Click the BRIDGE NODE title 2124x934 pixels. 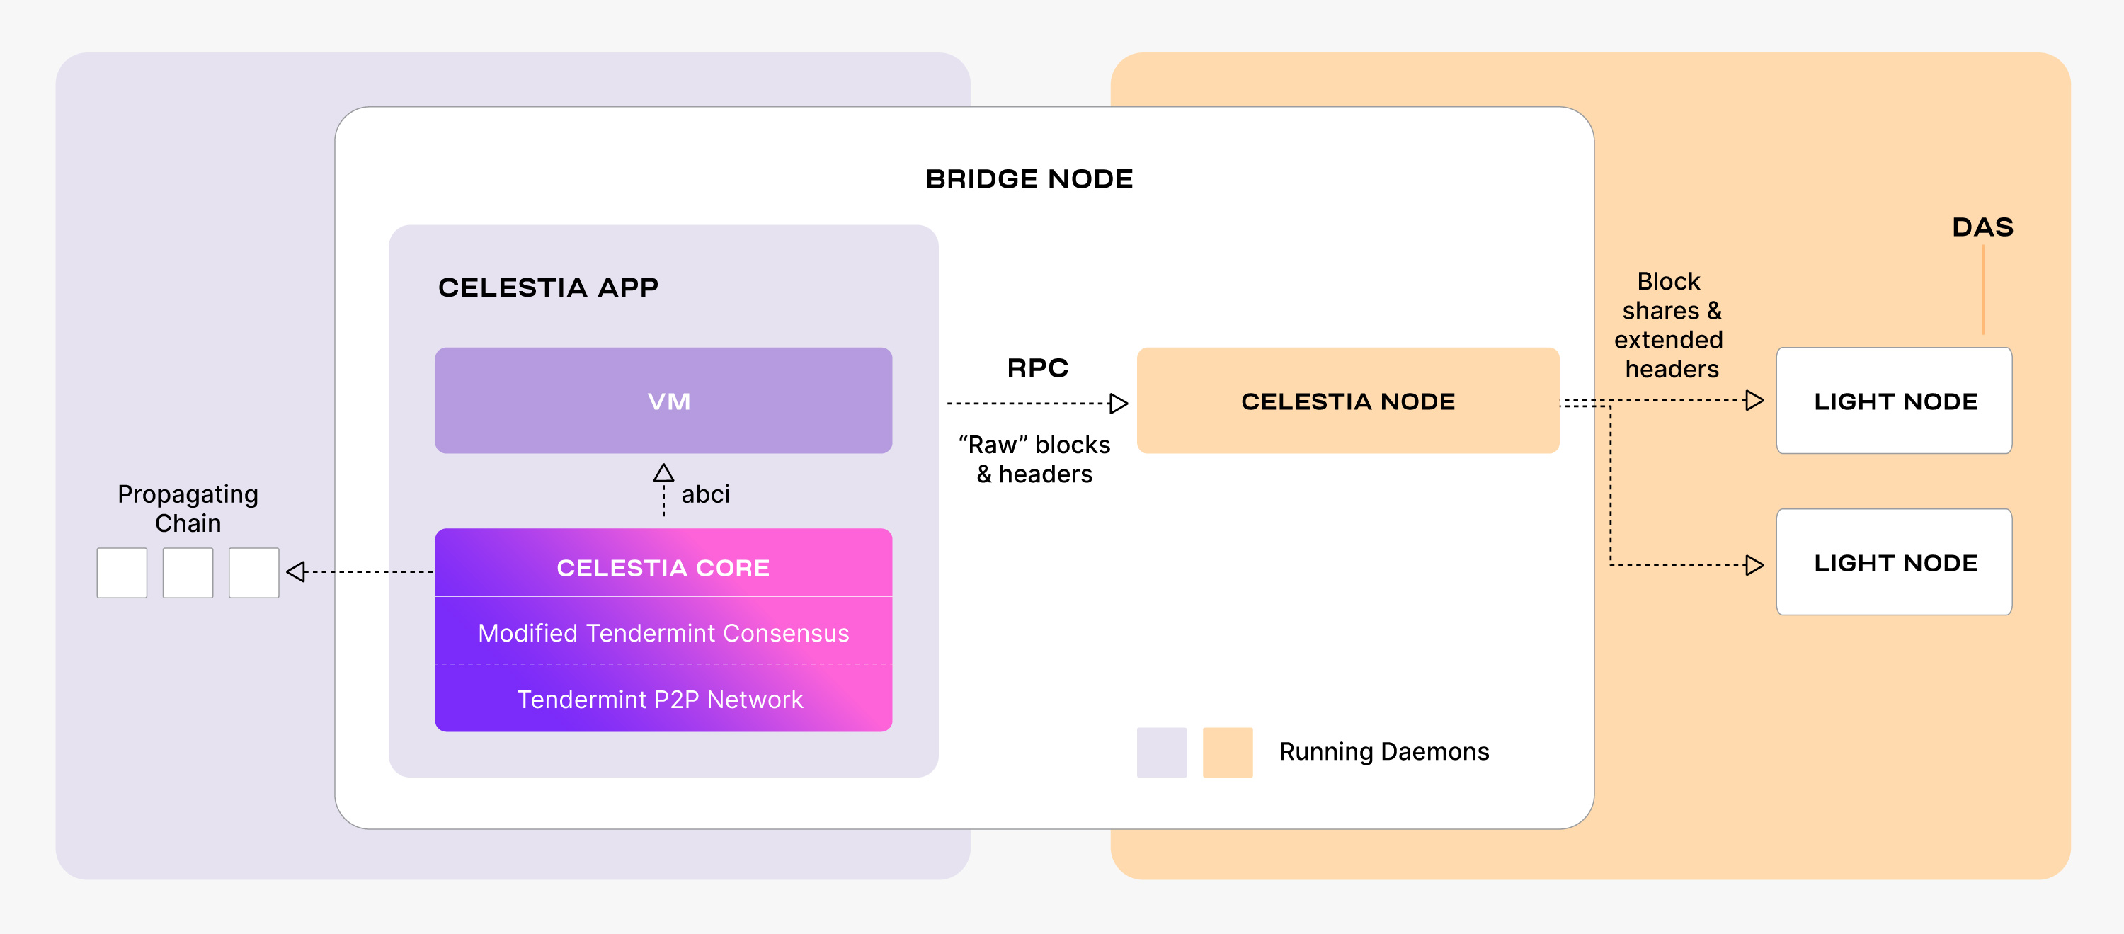1028,179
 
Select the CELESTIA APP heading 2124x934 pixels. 547,287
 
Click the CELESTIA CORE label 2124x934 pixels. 663,568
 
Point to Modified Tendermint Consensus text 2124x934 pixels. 663,633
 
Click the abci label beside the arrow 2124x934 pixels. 705,494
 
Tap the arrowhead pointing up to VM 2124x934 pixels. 664,473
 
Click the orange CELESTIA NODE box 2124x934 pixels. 1347,401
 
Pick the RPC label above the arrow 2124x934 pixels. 1037,368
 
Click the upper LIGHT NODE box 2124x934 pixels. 1894,401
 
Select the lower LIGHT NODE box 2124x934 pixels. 1894,562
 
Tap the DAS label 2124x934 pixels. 1982,227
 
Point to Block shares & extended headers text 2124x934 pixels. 1669,325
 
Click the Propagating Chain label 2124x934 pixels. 188,508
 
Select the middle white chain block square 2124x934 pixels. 188,572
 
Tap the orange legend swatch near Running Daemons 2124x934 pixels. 1227,752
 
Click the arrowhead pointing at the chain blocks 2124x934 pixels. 296,571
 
